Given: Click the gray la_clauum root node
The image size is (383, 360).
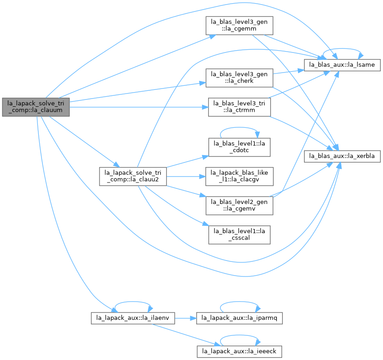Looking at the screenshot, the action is [36, 107].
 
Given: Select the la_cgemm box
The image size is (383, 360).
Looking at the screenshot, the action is [239, 26].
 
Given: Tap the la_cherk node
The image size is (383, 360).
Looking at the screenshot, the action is [239, 78].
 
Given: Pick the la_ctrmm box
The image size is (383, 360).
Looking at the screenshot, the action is [239, 107].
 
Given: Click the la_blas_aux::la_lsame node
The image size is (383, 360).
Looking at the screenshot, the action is [342, 65].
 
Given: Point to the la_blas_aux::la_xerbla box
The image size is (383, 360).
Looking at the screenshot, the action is [342, 156].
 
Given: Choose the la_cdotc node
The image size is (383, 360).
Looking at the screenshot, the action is [239, 147].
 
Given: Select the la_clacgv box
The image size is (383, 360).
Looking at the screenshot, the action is [239, 176].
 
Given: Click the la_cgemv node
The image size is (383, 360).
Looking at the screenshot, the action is [239, 205].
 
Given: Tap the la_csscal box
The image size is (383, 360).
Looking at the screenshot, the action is [239, 235].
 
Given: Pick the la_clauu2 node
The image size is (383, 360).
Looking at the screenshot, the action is [133, 176].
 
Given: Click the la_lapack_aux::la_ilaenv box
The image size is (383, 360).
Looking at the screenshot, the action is [133, 318].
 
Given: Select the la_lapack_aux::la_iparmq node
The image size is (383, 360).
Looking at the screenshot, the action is [239, 318].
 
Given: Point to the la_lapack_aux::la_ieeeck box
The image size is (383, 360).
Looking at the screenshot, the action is [239, 351].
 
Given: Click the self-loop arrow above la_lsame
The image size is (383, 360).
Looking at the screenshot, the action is [342, 48].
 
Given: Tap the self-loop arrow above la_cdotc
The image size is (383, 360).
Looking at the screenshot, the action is [239, 127].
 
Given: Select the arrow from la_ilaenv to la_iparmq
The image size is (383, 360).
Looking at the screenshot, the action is [186, 318].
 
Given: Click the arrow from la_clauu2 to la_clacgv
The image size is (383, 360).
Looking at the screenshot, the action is [186, 176].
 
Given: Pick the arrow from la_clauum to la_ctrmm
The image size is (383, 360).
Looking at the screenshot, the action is [139, 107].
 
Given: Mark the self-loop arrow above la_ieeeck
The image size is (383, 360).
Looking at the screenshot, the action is [239, 335].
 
